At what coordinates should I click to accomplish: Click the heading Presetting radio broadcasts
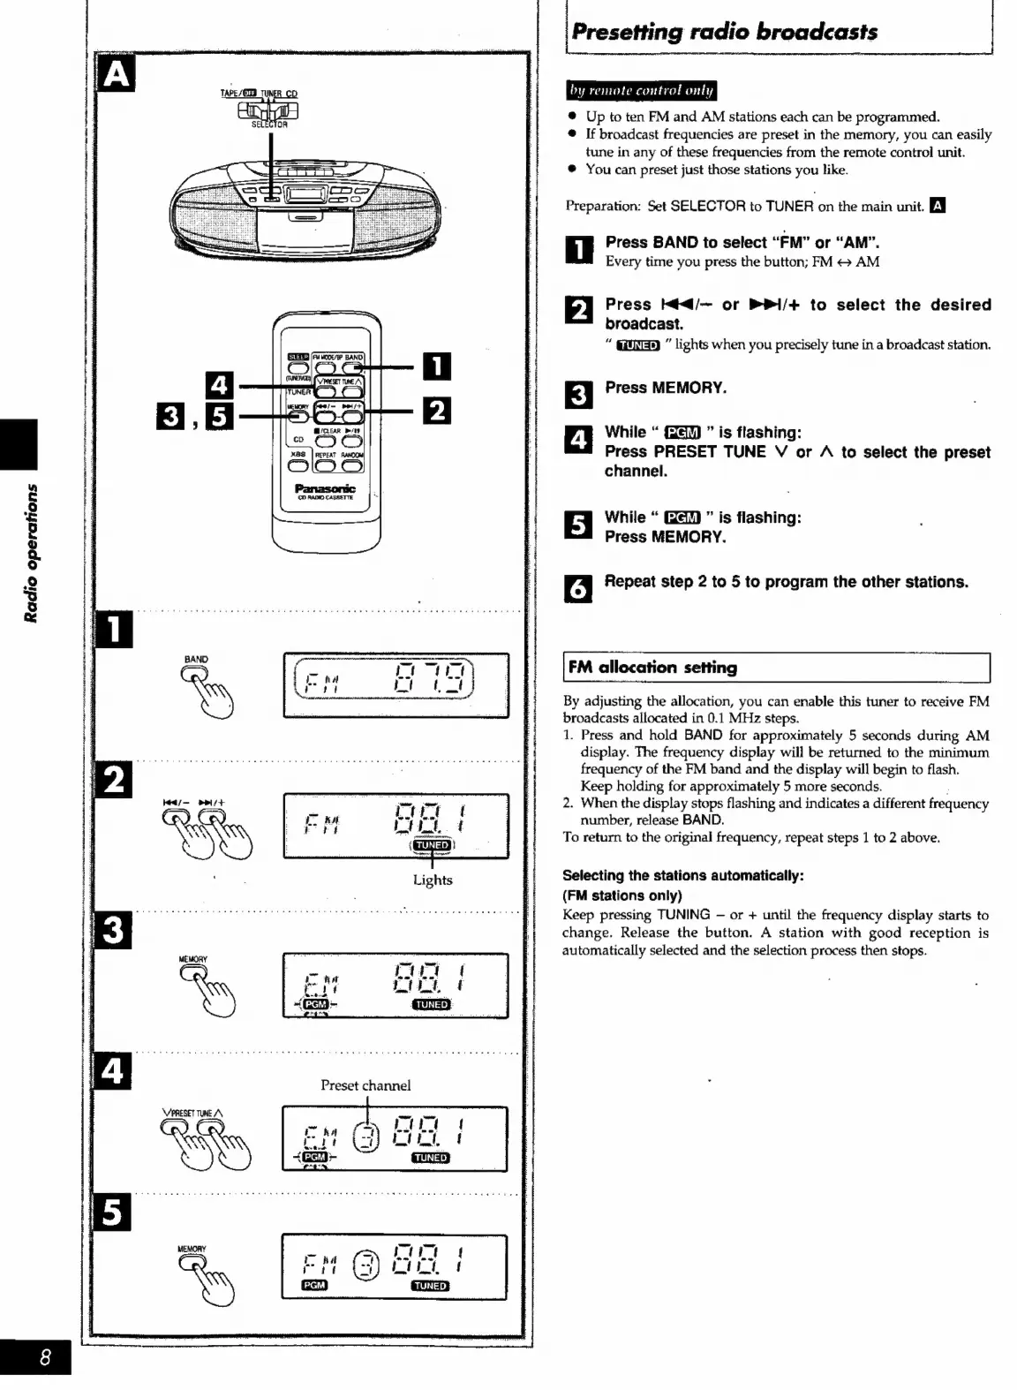click(725, 32)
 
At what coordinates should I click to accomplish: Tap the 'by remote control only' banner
click(641, 91)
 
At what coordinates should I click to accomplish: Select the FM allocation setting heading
click(653, 668)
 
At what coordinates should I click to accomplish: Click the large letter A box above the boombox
click(116, 74)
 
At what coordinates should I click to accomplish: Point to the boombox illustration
click(305, 204)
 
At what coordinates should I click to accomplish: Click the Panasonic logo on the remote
click(325, 488)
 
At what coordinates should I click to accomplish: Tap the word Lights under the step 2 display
click(433, 880)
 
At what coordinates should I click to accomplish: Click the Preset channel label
click(365, 1085)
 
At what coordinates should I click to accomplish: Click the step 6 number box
click(578, 587)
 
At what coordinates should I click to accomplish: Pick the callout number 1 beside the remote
click(437, 366)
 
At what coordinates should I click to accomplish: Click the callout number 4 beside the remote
click(219, 385)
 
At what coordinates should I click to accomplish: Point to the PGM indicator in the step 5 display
click(314, 1285)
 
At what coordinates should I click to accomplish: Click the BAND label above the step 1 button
click(196, 660)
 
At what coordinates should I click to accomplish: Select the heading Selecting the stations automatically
click(683, 875)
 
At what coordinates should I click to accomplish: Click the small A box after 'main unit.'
click(938, 206)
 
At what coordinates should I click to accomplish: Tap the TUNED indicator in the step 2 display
click(432, 845)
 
